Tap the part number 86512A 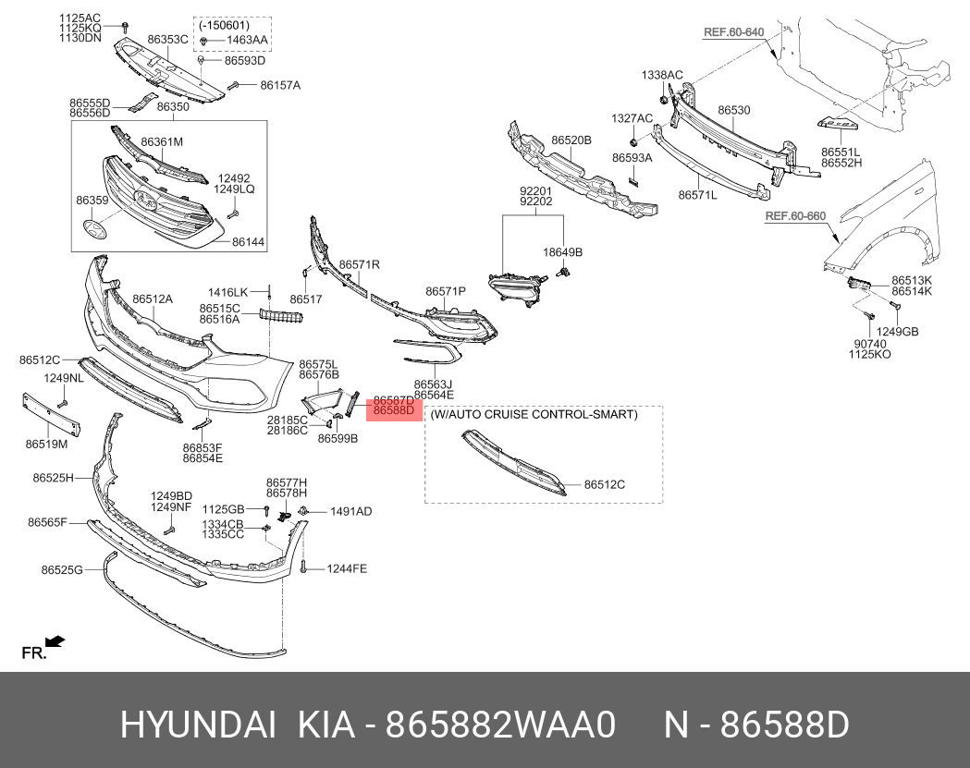(x=153, y=299)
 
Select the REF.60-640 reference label (x=733, y=32)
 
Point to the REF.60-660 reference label (x=794, y=217)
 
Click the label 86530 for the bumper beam (x=734, y=110)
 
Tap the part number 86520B (x=571, y=140)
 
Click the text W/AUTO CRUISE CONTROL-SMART (x=534, y=415)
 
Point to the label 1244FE (x=347, y=568)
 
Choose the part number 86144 (x=248, y=241)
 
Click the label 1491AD (x=350, y=511)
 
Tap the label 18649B (x=563, y=252)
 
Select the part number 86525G (x=62, y=569)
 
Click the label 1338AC (x=663, y=74)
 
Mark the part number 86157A (x=280, y=85)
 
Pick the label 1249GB (x=898, y=331)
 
